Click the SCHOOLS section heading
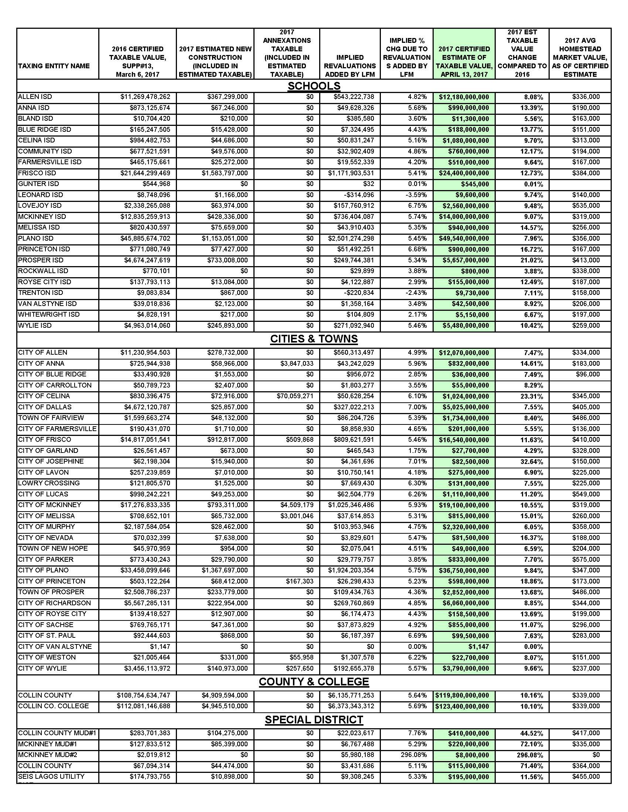point(314,86)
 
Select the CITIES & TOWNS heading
point(314,339)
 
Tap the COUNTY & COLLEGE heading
point(314,681)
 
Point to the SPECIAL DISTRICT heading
point(314,719)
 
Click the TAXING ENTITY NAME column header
point(54,66)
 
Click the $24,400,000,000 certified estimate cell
point(464,173)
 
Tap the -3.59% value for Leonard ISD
point(416,195)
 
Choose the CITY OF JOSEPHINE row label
point(51,461)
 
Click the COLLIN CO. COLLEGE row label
point(54,706)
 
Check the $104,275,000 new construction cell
point(227,733)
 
